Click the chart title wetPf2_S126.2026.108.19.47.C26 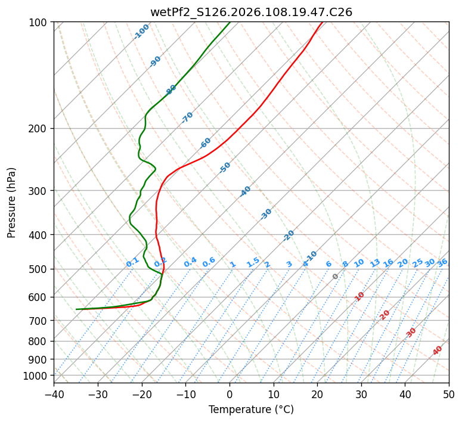click(251, 12)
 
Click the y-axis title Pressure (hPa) click(12, 202)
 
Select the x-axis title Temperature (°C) click(251, 409)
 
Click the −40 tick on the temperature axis click(54, 394)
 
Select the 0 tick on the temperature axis click(230, 394)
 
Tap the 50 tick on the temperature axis click(449, 394)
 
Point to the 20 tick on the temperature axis click(317, 394)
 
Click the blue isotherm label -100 click(141, 32)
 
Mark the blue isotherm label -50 click(225, 167)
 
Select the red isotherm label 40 click(438, 350)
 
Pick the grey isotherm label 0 click(336, 277)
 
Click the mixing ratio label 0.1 click(132, 262)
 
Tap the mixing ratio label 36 click(442, 262)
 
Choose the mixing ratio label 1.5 click(253, 262)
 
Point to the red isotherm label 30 click(411, 332)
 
